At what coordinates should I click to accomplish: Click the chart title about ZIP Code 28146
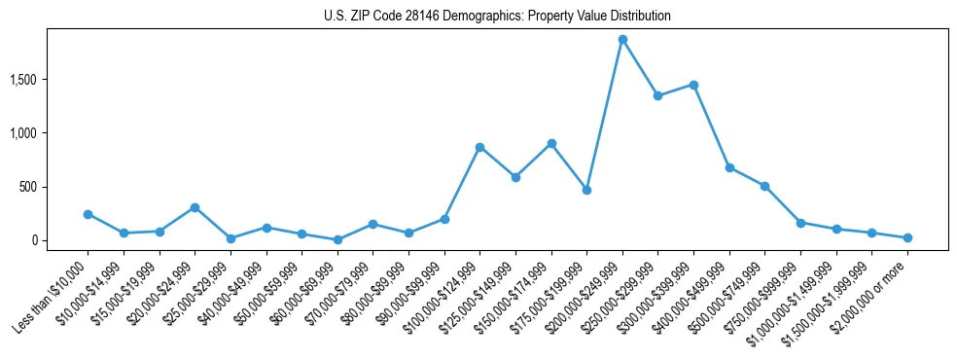click(497, 17)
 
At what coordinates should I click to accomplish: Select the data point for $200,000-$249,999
click(622, 40)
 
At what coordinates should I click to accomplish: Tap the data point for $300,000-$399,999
click(693, 85)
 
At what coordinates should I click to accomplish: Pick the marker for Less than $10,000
click(88, 214)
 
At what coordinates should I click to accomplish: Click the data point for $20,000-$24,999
click(195, 207)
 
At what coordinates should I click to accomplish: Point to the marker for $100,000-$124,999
click(479, 147)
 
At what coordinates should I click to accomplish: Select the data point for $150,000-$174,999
click(551, 143)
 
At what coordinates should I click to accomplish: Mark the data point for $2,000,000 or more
click(907, 237)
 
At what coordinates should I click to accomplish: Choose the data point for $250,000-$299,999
click(658, 95)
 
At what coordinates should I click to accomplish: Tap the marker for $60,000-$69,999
click(337, 239)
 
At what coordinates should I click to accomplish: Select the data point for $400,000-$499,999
click(729, 167)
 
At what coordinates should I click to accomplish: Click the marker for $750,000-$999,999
click(800, 223)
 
